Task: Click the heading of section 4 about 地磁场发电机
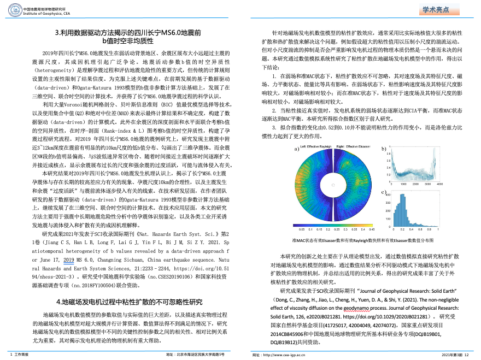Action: tap(130, 302)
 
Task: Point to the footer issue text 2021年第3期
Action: tap(452, 355)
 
